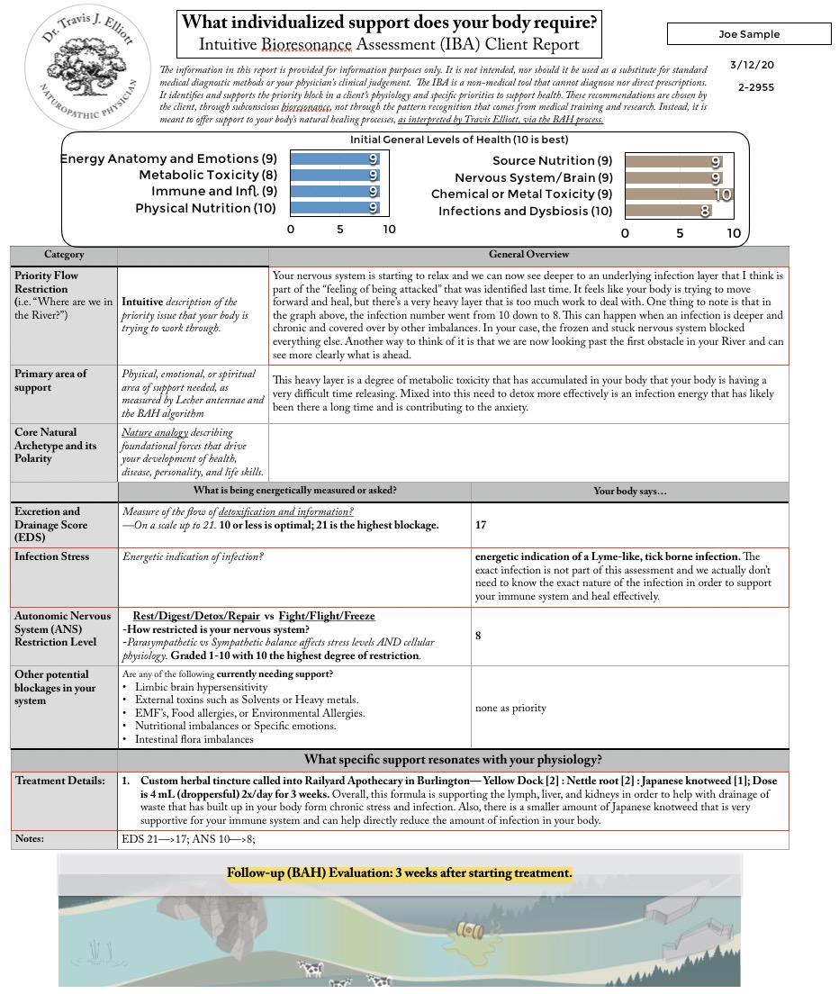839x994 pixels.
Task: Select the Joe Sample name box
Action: point(749,34)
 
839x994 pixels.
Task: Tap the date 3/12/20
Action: point(752,65)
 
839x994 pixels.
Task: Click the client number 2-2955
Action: point(756,87)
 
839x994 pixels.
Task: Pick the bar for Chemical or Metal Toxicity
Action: point(678,194)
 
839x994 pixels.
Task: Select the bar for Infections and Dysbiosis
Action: point(668,212)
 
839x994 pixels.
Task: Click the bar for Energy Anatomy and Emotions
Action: point(335,159)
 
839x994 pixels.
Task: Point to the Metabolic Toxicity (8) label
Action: point(208,175)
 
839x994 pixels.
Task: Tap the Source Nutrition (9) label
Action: point(552,161)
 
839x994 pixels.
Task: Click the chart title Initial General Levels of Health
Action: point(459,140)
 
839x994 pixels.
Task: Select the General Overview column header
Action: point(528,255)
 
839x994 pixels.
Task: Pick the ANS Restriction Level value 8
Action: point(478,636)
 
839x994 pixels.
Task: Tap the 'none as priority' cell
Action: point(510,708)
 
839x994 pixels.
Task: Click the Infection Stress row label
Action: point(51,556)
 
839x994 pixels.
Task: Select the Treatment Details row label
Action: point(59,781)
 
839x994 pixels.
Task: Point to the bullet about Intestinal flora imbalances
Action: point(194,739)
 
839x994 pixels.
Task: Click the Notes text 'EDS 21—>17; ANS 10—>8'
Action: point(188,839)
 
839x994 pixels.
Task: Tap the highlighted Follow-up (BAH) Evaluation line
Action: point(399,873)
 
